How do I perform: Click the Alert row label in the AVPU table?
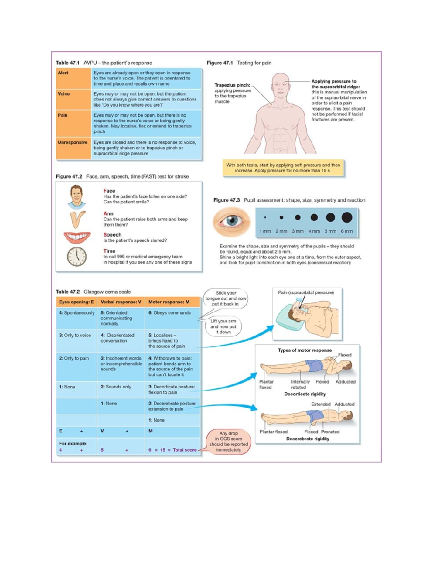pyautogui.click(x=64, y=73)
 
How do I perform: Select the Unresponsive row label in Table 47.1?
pyautogui.click(x=73, y=143)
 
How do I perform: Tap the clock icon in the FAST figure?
pyautogui.click(x=76, y=256)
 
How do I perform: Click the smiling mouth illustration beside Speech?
pyautogui.click(x=77, y=237)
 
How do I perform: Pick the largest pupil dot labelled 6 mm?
pyautogui.click(x=347, y=217)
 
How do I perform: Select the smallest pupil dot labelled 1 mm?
pyautogui.click(x=265, y=217)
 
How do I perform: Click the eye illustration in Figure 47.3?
pyautogui.click(x=231, y=221)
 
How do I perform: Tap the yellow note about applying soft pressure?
pyautogui.click(x=283, y=168)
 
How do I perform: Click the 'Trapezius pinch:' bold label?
pyautogui.click(x=232, y=85)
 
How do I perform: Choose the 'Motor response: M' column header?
pyautogui.click(x=169, y=302)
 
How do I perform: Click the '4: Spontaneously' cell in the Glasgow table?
pyautogui.click(x=77, y=313)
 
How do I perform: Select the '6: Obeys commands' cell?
pyautogui.click(x=169, y=313)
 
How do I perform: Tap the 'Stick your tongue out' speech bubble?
pyautogui.click(x=226, y=298)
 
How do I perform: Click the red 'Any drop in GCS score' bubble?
pyautogui.click(x=228, y=441)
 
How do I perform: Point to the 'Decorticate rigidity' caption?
pyautogui.click(x=305, y=394)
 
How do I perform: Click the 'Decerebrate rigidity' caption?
pyautogui.click(x=308, y=439)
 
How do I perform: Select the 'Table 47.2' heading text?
pyautogui.click(x=67, y=292)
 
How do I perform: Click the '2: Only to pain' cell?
pyautogui.click(x=74, y=359)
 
